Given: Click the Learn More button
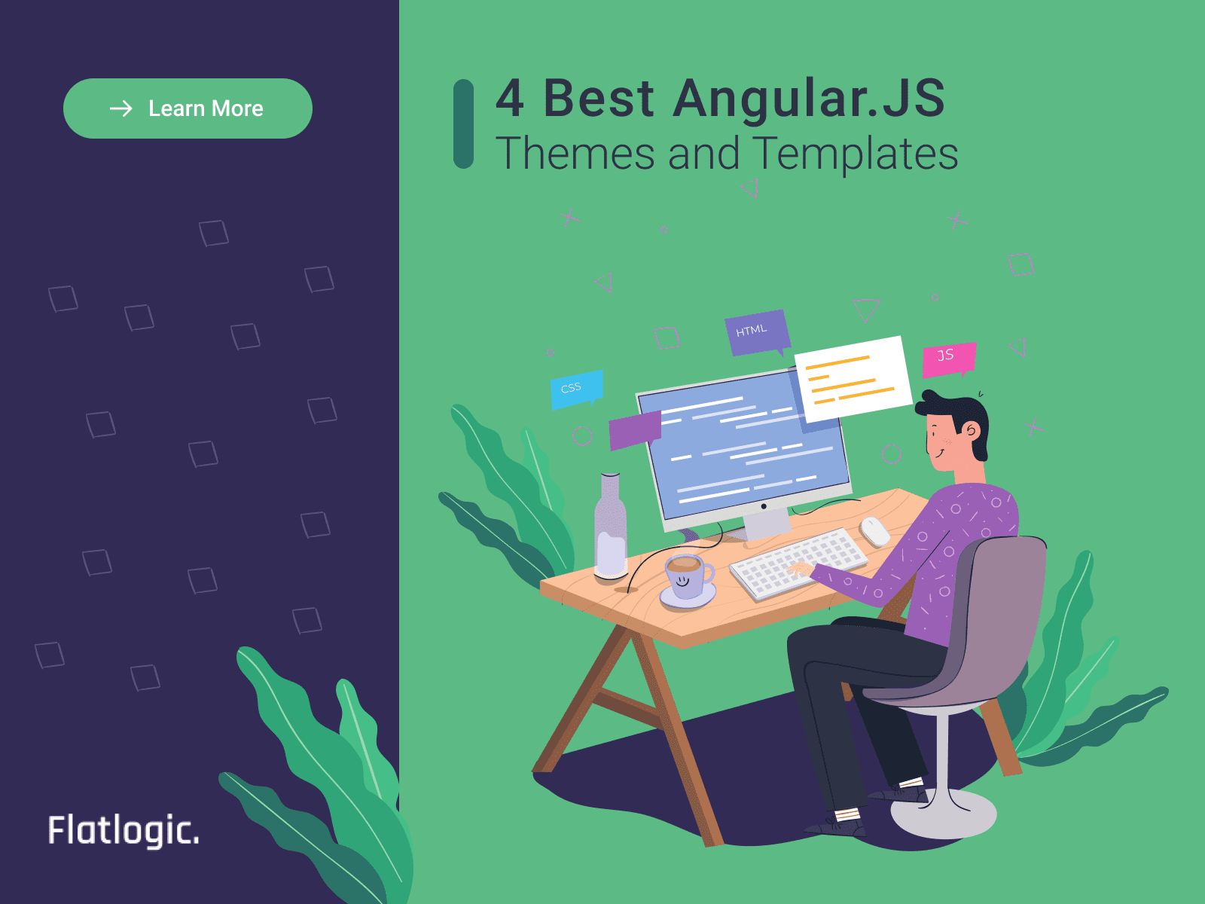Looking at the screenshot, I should tap(188, 108).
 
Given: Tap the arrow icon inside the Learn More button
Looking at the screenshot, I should tap(120, 108).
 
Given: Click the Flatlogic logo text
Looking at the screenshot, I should tap(124, 830).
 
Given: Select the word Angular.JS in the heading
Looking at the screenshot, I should tap(809, 99).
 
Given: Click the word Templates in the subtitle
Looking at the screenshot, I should tap(855, 154).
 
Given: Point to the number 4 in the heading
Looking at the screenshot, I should tap(510, 99).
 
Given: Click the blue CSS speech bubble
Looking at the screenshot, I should tap(576, 389).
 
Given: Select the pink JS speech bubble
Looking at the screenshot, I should tap(948, 358).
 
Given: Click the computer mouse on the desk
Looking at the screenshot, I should tap(875, 531).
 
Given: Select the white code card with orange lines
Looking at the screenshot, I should tap(853, 378).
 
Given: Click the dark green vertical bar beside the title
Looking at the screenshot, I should tap(463, 124).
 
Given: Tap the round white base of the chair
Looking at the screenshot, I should tap(943, 815).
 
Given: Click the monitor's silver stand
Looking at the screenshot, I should tap(767, 521).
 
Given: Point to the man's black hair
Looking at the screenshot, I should tap(960, 411).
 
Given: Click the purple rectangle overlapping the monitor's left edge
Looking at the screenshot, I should tap(634, 430).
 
